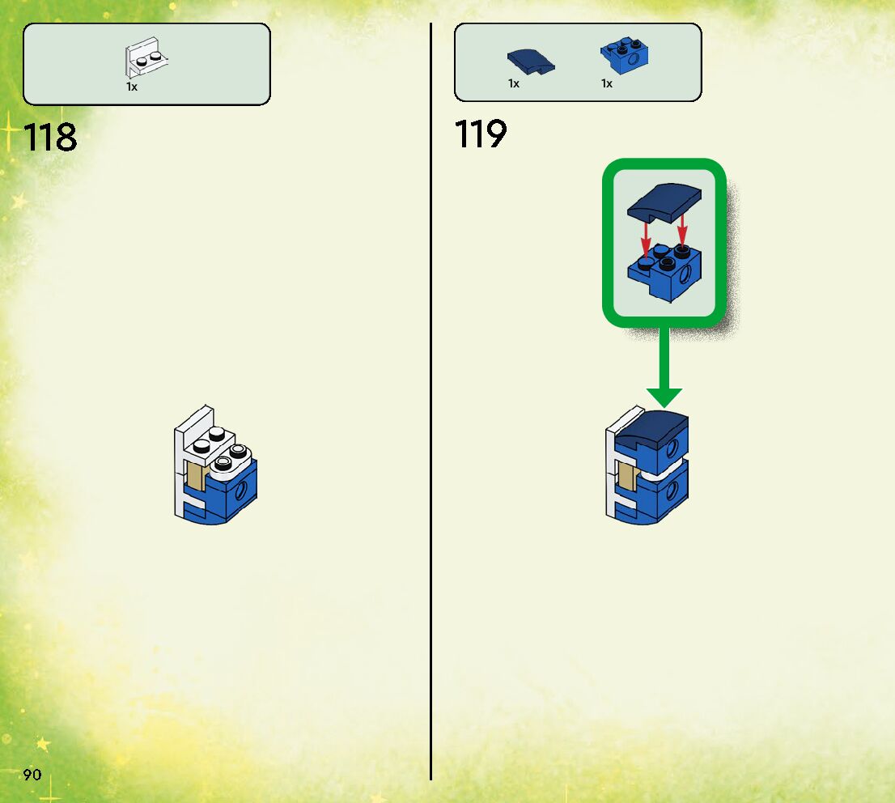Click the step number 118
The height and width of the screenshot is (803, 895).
click(x=51, y=137)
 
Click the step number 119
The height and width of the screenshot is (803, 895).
click(x=481, y=134)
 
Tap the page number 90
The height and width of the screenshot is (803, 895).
click(x=32, y=775)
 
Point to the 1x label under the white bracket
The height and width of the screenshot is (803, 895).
click(x=132, y=87)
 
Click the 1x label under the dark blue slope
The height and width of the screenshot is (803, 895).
click(x=514, y=83)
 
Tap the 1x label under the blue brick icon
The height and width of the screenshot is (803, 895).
click(x=606, y=83)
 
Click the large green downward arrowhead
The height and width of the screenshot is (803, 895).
click(x=664, y=397)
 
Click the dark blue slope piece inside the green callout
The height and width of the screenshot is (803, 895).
click(x=663, y=202)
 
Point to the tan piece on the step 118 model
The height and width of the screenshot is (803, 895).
click(x=196, y=477)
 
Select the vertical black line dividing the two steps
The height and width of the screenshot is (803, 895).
click(x=431, y=405)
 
